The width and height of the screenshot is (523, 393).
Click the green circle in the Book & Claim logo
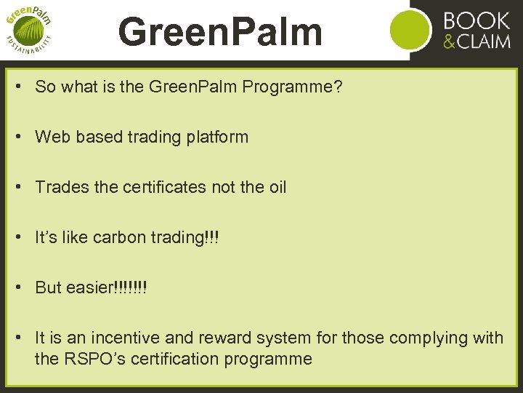411,30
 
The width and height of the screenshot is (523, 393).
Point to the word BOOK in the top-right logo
476,20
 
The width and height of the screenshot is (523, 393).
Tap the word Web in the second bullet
50,137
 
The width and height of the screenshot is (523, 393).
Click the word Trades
61,187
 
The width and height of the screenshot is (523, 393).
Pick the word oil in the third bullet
277,187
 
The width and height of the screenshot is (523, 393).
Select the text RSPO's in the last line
93,359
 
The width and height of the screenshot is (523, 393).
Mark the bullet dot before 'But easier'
25,287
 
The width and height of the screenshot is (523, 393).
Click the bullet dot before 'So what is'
25,87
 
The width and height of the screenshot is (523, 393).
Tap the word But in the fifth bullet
48,287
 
